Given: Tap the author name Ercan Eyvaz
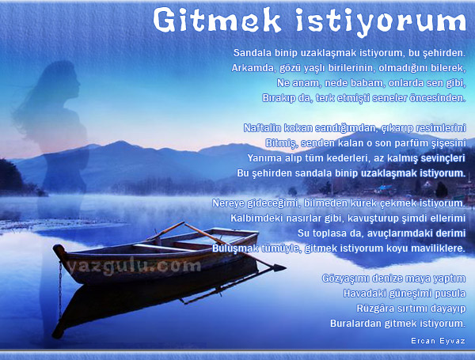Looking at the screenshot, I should coord(438,341).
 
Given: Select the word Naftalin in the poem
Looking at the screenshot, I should coord(262,127).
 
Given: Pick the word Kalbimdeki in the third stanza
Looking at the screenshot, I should coord(258,218).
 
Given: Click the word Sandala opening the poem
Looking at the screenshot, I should coord(252,53).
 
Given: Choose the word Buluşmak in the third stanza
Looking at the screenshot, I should coord(235,248).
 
